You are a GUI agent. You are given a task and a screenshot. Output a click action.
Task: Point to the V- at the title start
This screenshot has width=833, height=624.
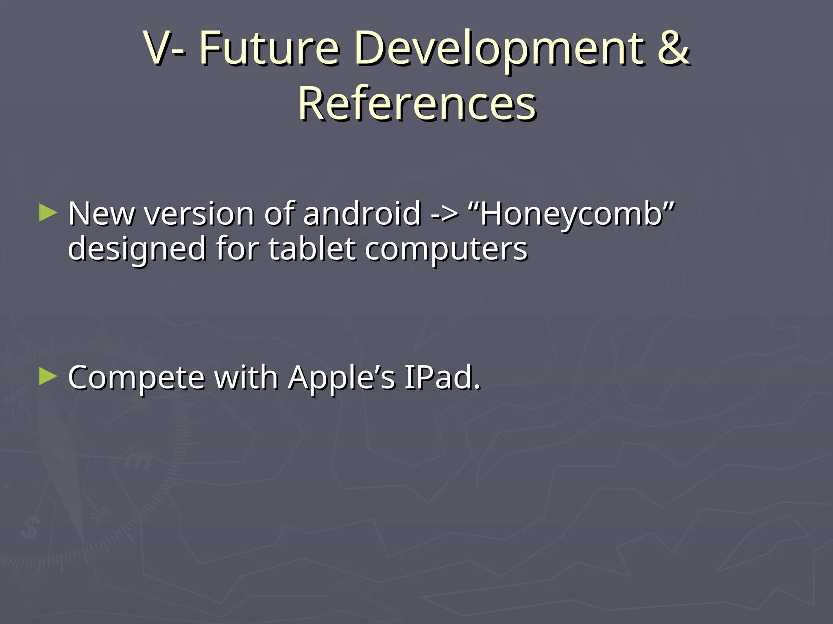(165, 49)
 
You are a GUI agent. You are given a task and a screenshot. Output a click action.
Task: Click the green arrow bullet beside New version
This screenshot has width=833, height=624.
(48, 213)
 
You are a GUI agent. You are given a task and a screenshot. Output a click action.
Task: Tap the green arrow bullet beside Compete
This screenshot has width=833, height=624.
(48, 377)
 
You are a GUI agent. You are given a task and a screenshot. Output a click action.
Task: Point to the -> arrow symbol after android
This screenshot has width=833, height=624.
(444, 214)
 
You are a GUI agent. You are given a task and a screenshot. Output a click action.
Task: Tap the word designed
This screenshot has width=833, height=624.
(137, 249)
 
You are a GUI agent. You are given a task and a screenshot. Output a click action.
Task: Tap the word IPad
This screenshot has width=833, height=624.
(442, 377)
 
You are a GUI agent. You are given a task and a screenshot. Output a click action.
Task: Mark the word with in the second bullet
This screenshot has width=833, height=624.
(246, 377)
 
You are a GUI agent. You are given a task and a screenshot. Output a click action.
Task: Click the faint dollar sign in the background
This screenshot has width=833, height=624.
(31, 528)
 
